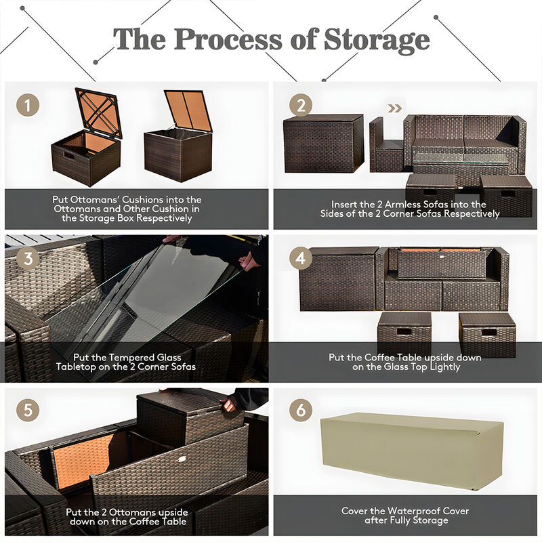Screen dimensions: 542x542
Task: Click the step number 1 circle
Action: click(x=27, y=106)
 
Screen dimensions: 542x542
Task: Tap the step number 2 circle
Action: click(x=300, y=106)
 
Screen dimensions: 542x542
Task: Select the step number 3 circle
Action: click(x=27, y=257)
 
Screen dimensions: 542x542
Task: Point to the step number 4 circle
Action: click(x=300, y=257)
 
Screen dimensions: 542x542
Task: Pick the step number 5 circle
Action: click(x=27, y=411)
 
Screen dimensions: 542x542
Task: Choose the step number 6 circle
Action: click(x=300, y=411)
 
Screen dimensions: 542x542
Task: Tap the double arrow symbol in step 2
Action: click(x=394, y=108)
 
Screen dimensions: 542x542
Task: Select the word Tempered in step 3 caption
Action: click(x=111, y=356)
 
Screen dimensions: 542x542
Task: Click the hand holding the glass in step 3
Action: click(x=249, y=261)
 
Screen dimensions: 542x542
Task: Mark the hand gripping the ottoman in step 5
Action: click(x=229, y=405)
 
